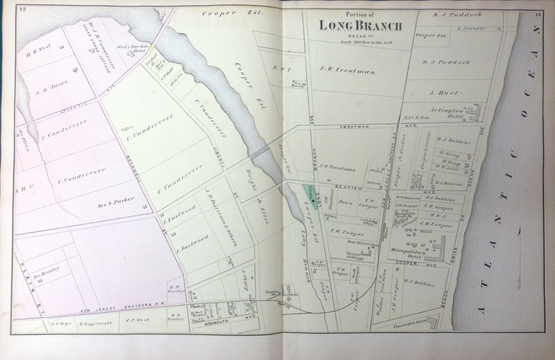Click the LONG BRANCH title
tap(360, 25)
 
